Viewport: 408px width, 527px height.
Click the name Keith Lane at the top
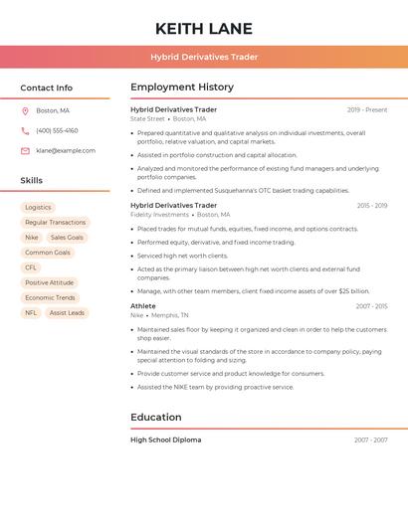click(x=204, y=29)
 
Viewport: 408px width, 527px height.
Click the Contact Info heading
click(x=46, y=88)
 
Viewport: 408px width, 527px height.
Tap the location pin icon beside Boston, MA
click(x=25, y=110)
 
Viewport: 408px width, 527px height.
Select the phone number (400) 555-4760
click(x=57, y=130)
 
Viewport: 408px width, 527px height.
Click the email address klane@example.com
click(x=66, y=150)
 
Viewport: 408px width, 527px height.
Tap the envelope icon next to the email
click(x=25, y=150)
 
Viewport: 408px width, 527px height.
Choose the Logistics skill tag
click(x=38, y=208)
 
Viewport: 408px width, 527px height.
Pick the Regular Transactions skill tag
click(x=55, y=223)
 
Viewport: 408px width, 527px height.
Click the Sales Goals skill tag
click(x=67, y=238)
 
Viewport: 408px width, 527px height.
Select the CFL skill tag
click(x=31, y=267)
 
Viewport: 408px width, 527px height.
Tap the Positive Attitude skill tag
click(x=49, y=282)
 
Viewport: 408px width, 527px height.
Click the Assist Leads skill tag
click(x=67, y=312)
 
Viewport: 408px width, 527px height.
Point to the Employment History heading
click(x=182, y=88)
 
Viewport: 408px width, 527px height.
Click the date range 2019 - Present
click(x=367, y=109)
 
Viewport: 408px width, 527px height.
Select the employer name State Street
click(x=147, y=118)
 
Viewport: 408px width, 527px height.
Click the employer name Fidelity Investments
click(x=159, y=214)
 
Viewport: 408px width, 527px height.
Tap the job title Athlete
click(x=143, y=306)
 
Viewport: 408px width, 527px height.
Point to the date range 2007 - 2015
click(x=371, y=306)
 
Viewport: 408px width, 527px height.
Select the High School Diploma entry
click(x=165, y=439)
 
